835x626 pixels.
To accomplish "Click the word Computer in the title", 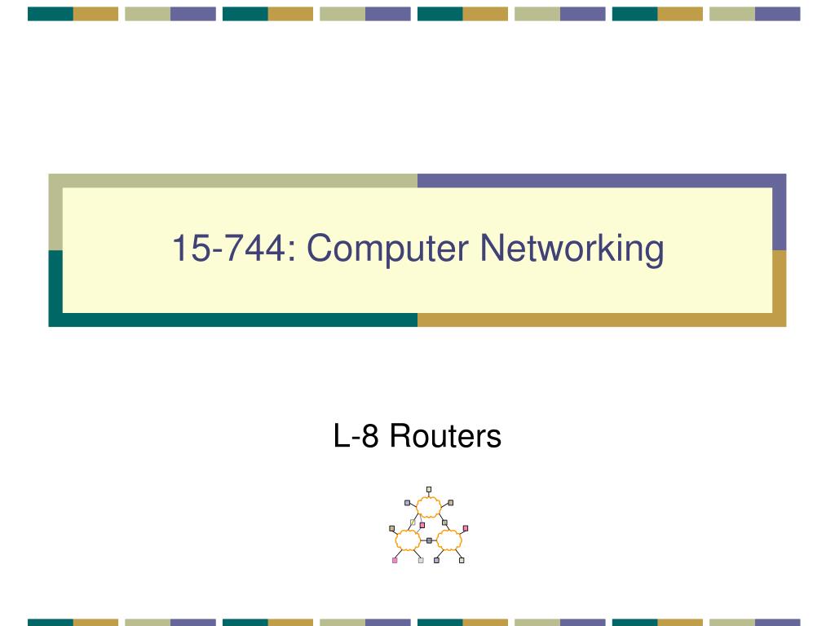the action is [x=387, y=249].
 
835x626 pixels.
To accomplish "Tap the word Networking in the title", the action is [x=572, y=248].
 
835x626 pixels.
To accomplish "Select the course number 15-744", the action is [x=229, y=248].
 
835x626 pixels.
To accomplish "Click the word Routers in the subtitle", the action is [x=445, y=436].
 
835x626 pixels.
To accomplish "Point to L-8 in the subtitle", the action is [x=356, y=436].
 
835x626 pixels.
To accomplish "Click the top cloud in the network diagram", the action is [x=429, y=507].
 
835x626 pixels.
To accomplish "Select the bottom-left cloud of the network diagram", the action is [x=408, y=540].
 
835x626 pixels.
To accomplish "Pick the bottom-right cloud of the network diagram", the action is [x=449, y=540].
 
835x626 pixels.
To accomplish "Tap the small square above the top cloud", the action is [x=429, y=489].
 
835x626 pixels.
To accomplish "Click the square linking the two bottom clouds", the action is [x=429, y=540].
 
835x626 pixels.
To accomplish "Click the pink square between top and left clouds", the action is [x=422, y=526].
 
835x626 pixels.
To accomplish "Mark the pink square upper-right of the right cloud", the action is [x=466, y=528].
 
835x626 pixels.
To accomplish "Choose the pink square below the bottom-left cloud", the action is [x=395, y=560].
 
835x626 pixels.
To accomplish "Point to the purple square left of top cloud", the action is [x=408, y=502].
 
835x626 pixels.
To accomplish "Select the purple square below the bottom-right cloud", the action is [x=437, y=560].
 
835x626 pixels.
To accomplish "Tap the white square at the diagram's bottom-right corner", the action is [x=462, y=560].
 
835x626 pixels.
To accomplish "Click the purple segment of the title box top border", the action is [x=602, y=180].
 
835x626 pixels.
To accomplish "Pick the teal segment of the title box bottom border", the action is [x=232, y=320].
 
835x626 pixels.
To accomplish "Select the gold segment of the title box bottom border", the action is [x=602, y=320].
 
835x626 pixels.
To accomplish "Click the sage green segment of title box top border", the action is [x=232, y=180].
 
